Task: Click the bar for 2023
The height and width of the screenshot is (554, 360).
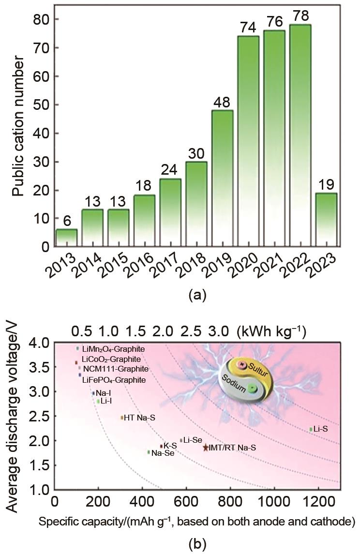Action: coord(326,220)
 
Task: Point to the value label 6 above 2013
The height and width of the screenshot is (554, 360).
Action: coord(66,220)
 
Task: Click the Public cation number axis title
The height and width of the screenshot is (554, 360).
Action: coord(18,126)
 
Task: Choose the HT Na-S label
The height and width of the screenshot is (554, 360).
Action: coord(140,418)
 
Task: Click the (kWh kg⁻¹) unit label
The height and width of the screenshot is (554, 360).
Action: coord(271,331)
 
